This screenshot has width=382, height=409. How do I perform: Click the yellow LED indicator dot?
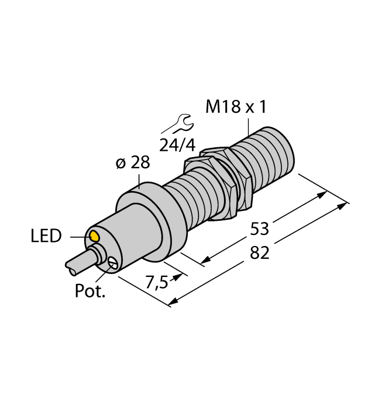tap(93, 237)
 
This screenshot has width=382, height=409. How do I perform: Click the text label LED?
tap(46, 237)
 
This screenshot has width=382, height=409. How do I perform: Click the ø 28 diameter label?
tap(133, 164)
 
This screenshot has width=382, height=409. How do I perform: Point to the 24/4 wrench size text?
tap(175, 144)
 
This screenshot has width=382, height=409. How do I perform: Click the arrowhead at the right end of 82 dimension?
tap(345, 205)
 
